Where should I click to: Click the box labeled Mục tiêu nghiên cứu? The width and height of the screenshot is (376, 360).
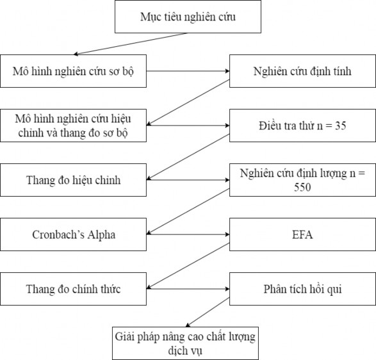click(x=188, y=17)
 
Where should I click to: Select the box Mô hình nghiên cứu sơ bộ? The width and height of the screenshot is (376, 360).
click(x=74, y=72)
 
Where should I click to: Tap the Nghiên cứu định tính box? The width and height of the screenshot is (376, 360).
click(x=302, y=72)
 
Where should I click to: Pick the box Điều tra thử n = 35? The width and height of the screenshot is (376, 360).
click(x=302, y=126)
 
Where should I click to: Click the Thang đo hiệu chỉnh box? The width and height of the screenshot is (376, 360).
click(x=74, y=180)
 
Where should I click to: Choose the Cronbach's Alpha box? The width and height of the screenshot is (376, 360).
click(x=74, y=234)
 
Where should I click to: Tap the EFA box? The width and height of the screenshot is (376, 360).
click(x=302, y=234)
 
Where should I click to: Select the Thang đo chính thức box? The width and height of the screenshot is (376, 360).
click(x=74, y=289)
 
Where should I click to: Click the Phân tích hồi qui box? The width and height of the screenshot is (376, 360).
click(x=302, y=289)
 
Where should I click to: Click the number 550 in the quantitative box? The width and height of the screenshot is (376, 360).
click(x=303, y=187)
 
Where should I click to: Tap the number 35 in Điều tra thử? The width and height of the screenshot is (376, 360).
click(x=340, y=126)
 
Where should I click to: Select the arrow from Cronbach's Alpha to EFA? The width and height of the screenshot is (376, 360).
click(x=189, y=234)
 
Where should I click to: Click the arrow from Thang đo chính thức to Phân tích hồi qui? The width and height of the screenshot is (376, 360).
click(x=189, y=289)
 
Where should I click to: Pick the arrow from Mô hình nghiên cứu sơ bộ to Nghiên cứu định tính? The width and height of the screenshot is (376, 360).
click(x=189, y=72)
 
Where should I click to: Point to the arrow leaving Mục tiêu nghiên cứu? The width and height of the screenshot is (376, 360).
click(x=131, y=44)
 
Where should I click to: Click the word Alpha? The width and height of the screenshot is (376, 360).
click(x=100, y=234)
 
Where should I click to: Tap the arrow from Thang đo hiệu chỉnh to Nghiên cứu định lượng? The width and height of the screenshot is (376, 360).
click(x=189, y=180)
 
